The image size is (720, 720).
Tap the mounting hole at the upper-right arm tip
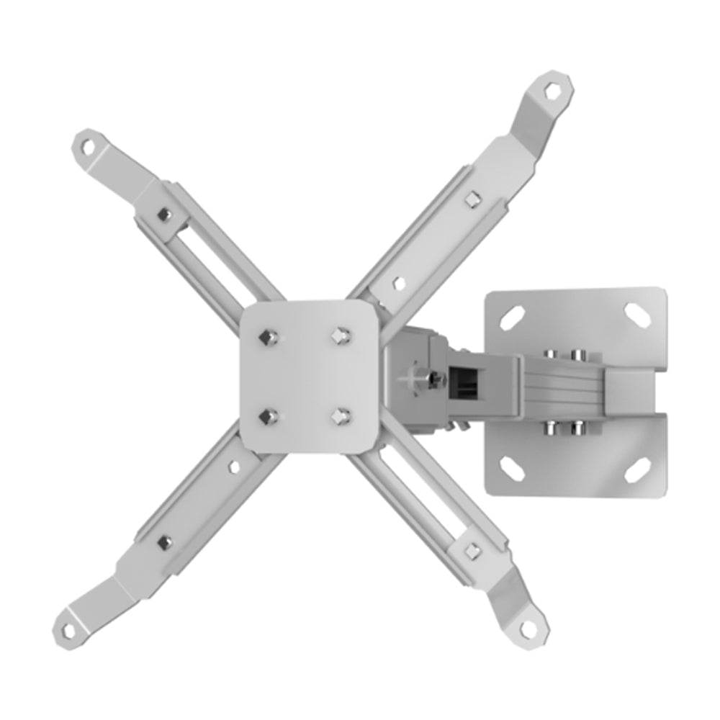[552, 91]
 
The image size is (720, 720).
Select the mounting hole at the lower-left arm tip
[68, 631]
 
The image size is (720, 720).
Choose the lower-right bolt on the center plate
[341, 416]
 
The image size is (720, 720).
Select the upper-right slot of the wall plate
[636, 313]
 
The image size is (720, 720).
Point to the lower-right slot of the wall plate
[636, 472]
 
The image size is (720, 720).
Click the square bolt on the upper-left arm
[164, 214]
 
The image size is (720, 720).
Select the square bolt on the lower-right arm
[472, 551]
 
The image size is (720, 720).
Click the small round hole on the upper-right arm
[398, 283]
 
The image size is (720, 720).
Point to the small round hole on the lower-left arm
[233, 467]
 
